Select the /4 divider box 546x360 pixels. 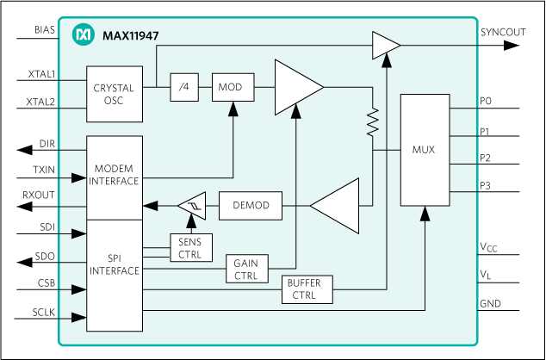(184, 88)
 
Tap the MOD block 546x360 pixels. (230, 88)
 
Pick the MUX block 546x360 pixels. (425, 149)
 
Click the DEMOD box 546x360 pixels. (251, 206)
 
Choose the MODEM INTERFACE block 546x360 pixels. (114, 177)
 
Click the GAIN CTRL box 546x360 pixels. (245, 270)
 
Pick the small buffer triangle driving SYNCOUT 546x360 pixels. (385, 45)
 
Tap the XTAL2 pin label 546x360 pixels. (41, 102)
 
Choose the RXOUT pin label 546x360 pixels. (39, 195)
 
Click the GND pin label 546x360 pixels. (490, 304)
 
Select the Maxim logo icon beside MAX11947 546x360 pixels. (84, 34)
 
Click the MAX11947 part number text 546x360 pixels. (129, 35)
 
